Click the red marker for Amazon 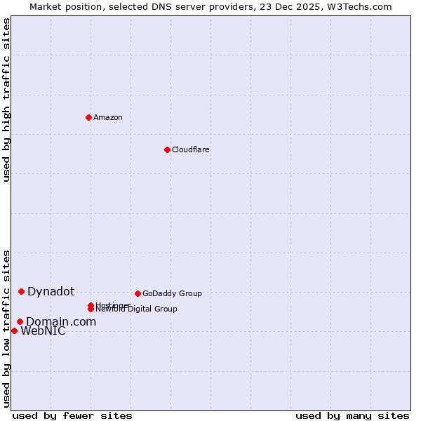click(x=88, y=117)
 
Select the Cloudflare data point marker click(x=167, y=149)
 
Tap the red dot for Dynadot click(x=21, y=291)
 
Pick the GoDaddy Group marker click(x=138, y=293)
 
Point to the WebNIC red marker click(x=14, y=330)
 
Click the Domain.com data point click(x=20, y=321)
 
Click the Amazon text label click(x=107, y=117)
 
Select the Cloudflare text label click(x=190, y=149)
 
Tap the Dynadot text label click(x=51, y=291)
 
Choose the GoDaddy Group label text click(x=171, y=293)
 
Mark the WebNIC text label click(x=43, y=331)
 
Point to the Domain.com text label click(x=60, y=321)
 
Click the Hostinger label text click(x=112, y=305)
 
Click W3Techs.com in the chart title click(x=359, y=6)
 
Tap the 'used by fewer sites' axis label click(x=72, y=415)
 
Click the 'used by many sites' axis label click(x=352, y=415)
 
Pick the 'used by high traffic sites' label click(x=6, y=100)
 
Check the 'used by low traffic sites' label click(x=6, y=328)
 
